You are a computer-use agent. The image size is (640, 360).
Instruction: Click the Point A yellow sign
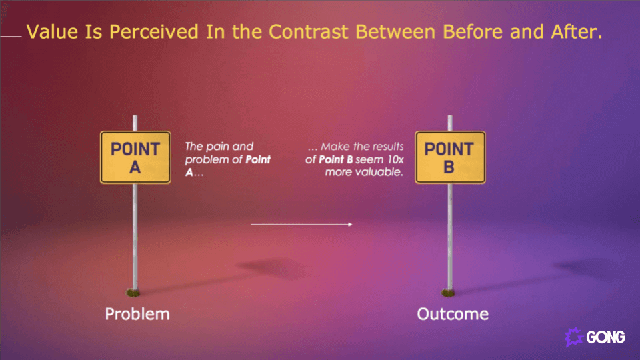coord(135,157)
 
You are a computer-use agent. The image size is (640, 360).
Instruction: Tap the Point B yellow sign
coord(449,157)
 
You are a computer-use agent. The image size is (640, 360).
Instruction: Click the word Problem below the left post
coord(137,313)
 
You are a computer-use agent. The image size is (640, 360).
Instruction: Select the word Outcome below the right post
coord(453,313)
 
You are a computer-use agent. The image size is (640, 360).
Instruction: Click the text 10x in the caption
coord(395,159)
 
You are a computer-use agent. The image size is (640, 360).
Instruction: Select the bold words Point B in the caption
coord(336,159)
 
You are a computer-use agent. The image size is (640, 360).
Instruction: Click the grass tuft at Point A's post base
coord(134,291)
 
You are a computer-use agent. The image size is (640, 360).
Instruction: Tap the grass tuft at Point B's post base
coord(449,291)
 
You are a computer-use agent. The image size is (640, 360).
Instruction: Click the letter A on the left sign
coord(135,167)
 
